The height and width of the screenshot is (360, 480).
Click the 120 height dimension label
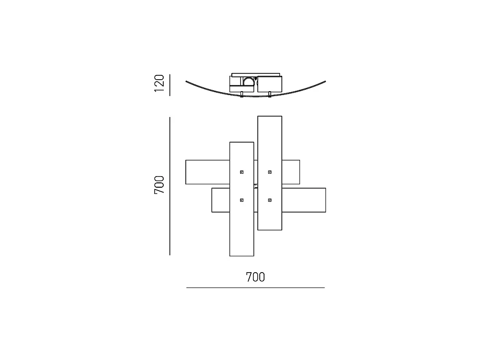pyautogui.click(x=159, y=83)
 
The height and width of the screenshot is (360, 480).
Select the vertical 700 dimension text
pyautogui.click(x=159, y=185)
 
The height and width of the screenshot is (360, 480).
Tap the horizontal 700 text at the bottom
pyautogui.click(x=255, y=277)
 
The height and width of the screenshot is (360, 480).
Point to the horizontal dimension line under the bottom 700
pyautogui.click(x=255, y=288)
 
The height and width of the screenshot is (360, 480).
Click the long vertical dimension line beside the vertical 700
pyautogui.click(x=170, y=186)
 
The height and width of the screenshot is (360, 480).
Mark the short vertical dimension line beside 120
pyautogui.click(x=170, y=85)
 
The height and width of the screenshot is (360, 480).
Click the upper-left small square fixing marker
pyautogui.click(x=241, y=172)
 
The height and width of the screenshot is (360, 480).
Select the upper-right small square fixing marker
pyautogui.click(x=270, y=172)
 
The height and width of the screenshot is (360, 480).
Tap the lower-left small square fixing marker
pyautogui.click(x=241, y=200)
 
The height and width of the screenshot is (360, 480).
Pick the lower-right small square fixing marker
pyautogui.click(x=270, y=200)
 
